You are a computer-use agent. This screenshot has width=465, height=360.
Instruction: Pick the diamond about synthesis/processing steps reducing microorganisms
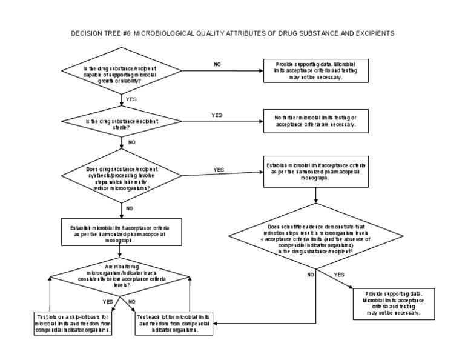click(x=124, y=178)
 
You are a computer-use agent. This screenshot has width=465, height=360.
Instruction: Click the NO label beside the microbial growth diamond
click(x=217, y=64)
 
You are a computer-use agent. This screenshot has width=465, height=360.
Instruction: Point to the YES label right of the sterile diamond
click(x=217, y=115)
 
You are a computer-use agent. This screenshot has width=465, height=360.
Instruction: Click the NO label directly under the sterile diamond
click(x=131, y=143)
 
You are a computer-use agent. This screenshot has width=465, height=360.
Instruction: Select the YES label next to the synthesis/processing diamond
click(x=219, y=170)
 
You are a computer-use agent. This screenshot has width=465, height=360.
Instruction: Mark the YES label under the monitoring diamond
click(x=108, y=301)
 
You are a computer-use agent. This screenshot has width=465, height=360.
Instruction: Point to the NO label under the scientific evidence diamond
click(x=310, y=275)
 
